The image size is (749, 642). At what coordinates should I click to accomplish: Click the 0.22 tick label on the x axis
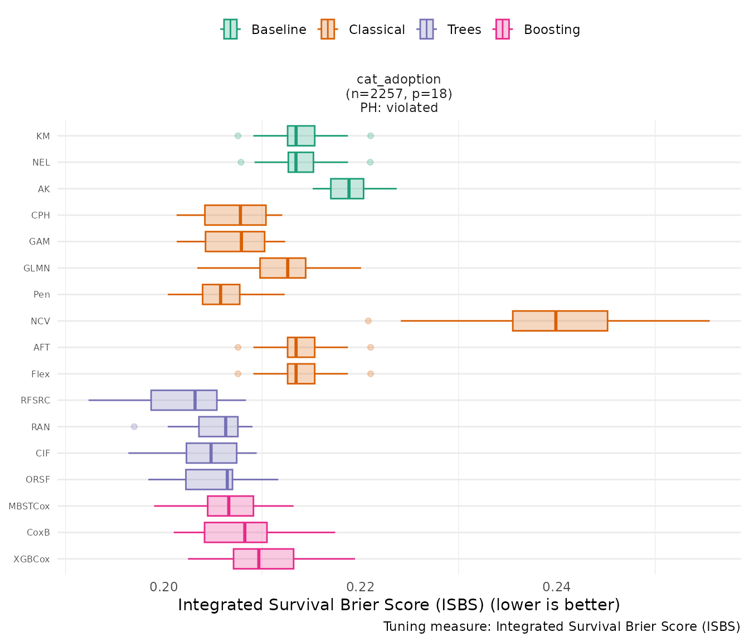360,587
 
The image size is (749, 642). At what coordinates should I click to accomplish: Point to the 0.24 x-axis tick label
556,587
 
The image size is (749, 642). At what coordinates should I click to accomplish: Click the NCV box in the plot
560,321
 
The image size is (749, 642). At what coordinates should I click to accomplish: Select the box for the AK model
347,189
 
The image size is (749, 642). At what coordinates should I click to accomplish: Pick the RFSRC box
183,400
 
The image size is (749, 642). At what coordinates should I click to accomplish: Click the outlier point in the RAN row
134,427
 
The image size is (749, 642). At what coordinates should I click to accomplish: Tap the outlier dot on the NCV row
368,321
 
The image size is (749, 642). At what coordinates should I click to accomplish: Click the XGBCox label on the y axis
32,559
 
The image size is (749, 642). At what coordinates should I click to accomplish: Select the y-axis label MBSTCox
29,506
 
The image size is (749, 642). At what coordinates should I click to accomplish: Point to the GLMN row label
37,268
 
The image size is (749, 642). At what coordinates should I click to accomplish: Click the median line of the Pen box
221,294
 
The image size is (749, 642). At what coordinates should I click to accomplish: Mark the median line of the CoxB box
245,532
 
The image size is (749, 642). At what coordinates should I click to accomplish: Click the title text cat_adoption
398,80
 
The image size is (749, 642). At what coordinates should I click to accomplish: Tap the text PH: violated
398,108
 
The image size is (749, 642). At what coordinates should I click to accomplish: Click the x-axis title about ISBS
398,605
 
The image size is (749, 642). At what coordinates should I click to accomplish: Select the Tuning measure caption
561,627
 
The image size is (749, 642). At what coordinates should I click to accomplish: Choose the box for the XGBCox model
263,559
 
